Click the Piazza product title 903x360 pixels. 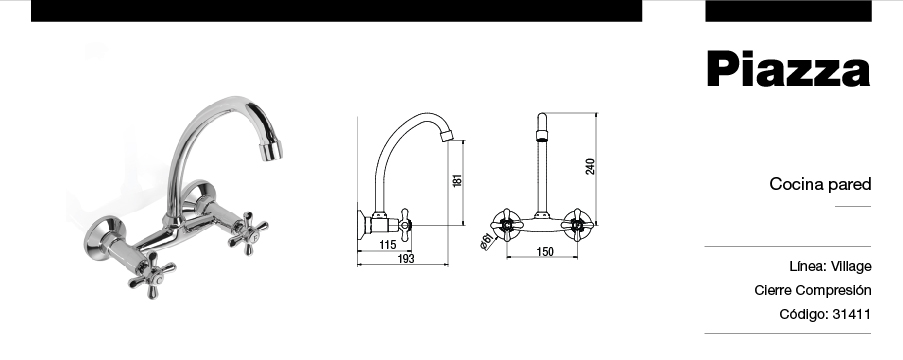[x=788, y=69]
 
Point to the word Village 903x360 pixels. [x=851, y=267]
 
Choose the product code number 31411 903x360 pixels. [x=852, y=314]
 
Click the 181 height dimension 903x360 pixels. [x=458, y=180]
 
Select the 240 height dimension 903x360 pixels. [x=590, y=166]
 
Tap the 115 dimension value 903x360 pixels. [x=388, y=245]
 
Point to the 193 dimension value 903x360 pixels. [x=406, y=259]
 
